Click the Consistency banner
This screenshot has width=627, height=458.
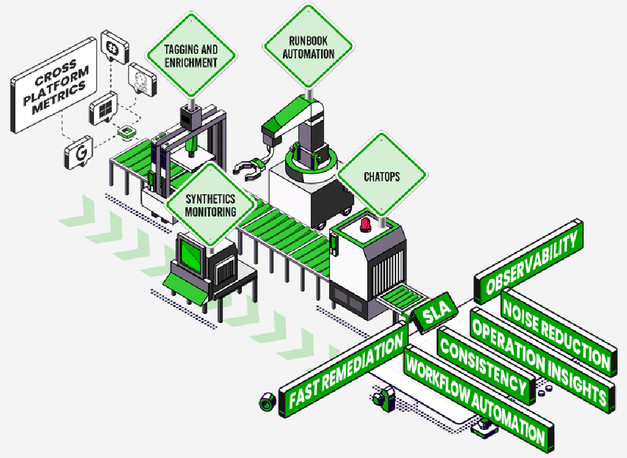pyautogui.click(x=483, y=365)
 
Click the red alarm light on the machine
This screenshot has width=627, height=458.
pyautogui.click(x=366, y=224)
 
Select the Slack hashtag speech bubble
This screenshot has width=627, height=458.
pyautogui.click(x=113, y=49)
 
